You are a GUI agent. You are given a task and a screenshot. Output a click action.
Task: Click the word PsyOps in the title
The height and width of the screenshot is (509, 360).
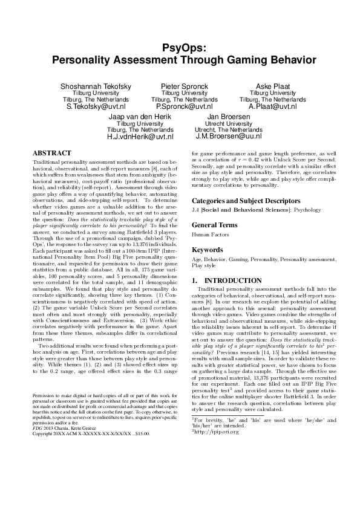(x=180, y=48)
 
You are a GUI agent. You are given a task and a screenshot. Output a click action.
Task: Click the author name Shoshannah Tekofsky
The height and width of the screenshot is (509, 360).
(x=96, y=86)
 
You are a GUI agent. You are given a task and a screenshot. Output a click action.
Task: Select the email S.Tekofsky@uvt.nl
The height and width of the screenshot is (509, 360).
(x=96, y=106)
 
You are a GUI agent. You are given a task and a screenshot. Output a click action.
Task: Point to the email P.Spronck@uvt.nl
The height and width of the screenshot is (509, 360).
(x=180, y=106)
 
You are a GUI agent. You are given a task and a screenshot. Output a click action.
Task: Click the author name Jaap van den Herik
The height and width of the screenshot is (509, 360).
(x=140, y=117)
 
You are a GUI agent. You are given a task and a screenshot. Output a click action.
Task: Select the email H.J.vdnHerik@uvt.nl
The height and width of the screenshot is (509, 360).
(x=140, y=137)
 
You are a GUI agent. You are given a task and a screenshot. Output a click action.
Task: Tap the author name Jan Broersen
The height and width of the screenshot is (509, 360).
(x=228, y=117)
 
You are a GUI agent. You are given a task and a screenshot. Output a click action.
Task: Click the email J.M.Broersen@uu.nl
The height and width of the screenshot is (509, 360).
(x=228, y=137)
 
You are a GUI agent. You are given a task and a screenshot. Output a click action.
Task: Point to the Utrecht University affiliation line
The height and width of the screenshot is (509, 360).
(x=228, y=123)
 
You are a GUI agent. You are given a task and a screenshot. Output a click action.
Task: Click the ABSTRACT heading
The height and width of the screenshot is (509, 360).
(x=52, y=154)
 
